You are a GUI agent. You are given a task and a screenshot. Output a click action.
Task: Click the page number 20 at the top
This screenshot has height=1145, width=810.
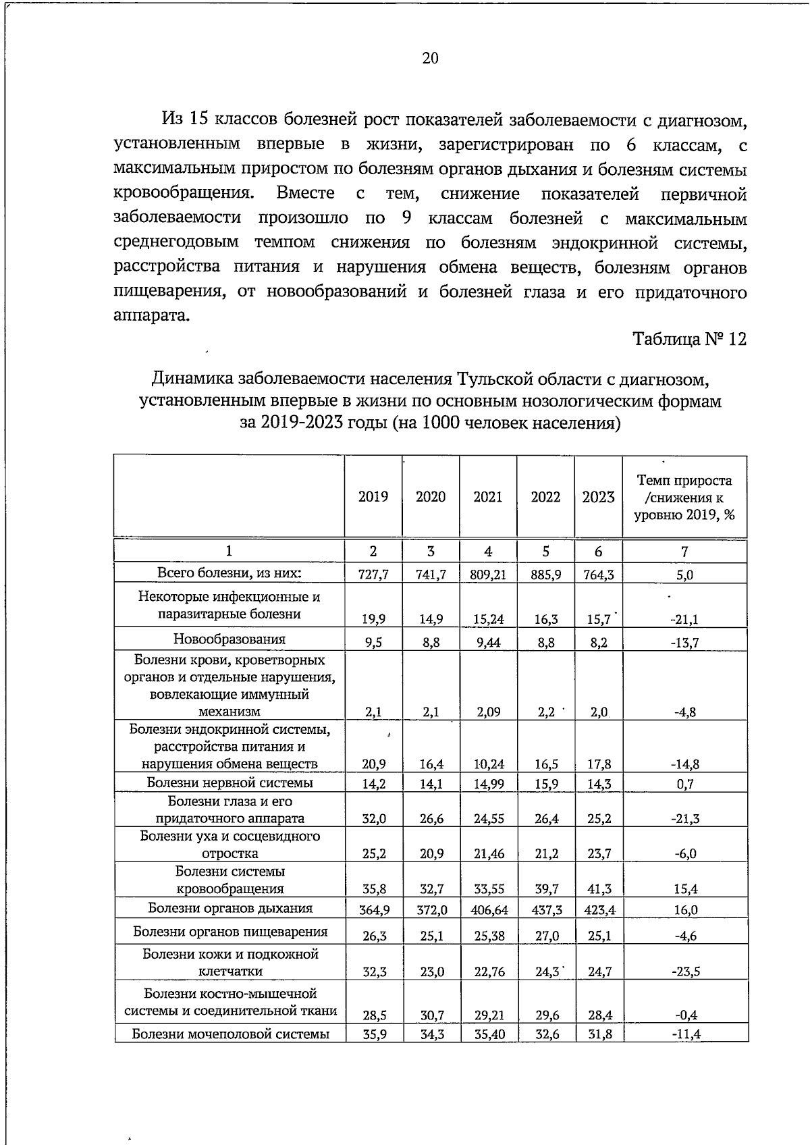(430, 59)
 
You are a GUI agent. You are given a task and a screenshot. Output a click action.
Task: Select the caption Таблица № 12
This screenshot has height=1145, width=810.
(689, 339)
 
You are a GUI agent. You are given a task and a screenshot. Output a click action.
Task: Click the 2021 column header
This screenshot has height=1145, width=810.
(488, 497)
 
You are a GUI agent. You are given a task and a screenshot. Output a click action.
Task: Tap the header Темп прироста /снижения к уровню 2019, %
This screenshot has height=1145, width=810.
(684, 497)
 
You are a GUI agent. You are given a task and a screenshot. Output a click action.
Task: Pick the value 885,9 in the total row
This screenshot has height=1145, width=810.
(545, 575)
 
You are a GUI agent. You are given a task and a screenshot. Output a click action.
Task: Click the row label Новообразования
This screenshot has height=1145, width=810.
(230, 639)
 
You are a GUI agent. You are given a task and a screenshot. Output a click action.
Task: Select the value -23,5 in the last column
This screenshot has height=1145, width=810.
(684, 972)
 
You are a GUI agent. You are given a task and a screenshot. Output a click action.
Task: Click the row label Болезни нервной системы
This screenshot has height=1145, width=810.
(230, 783)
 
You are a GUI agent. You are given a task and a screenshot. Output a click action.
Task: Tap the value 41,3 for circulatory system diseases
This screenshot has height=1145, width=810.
(598, 889)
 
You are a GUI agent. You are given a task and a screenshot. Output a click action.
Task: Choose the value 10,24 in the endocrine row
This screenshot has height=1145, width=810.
(488, 765)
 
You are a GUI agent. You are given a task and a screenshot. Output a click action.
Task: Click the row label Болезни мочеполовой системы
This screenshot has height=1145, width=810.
(230, 1034)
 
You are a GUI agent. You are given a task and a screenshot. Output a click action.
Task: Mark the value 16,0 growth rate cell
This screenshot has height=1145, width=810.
(684, 910)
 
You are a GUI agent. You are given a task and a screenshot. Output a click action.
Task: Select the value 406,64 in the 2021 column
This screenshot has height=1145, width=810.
(488, 910)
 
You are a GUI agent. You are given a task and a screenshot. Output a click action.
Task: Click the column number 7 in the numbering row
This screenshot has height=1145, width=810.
(684, 552)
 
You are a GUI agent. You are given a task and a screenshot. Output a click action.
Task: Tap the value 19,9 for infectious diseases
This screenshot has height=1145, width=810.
(373, 619)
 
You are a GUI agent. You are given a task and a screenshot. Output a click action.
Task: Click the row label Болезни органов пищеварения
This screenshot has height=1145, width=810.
(230, 932)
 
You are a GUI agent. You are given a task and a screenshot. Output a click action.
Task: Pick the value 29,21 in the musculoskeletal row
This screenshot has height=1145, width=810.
(488, 1015)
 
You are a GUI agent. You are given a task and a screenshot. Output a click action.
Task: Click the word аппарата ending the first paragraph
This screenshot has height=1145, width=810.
(151, 316)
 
